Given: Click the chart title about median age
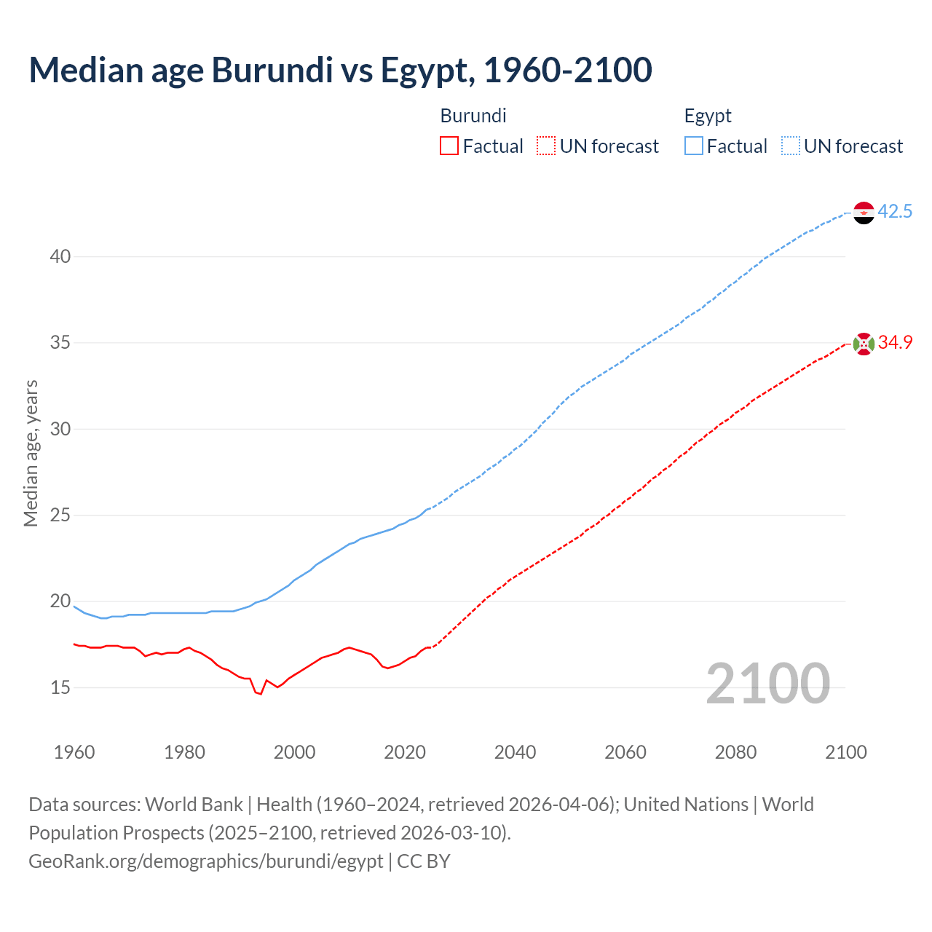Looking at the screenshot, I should point(340,70).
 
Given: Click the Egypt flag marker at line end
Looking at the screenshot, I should point(863,213).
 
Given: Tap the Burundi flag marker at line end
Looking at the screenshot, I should point(863,344).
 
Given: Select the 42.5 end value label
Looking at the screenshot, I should point(895,212).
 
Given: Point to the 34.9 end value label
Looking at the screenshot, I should point(895,343).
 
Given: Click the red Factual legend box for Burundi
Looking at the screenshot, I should point(449,146).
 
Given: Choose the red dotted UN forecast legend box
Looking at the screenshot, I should point(546,146).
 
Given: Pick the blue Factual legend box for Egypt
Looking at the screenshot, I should point(694,146).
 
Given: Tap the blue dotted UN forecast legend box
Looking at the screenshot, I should point(790,146).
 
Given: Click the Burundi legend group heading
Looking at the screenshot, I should point(473,116).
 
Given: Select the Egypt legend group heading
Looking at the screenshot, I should point(708,116).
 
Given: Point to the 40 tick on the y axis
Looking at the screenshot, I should point(60,256).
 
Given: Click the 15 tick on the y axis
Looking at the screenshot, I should point(60,687).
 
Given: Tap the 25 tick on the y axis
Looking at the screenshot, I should point(60,516).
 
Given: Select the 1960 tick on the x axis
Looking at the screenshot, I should point(74,752).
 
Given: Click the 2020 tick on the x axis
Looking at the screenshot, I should point(405,752).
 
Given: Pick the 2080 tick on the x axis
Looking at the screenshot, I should point(735,752).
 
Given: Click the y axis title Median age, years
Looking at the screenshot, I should point(31,453).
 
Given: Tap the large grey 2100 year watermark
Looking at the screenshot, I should point(767,683).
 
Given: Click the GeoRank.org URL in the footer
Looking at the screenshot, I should point(205,861).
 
